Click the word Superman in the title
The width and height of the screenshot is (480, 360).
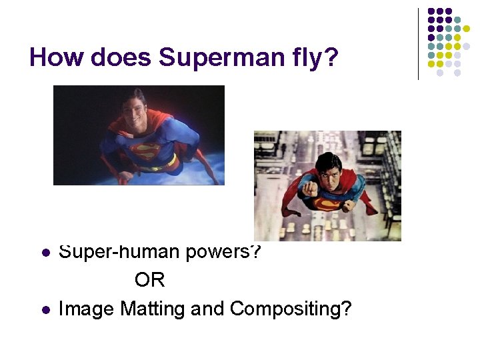tap(212, 58)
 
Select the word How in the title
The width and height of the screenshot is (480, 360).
tap(57, 58)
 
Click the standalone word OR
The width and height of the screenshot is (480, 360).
tap(149, 280)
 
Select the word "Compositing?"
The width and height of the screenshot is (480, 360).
tap(291, 309)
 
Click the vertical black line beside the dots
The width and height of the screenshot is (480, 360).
tap(418, 44)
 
